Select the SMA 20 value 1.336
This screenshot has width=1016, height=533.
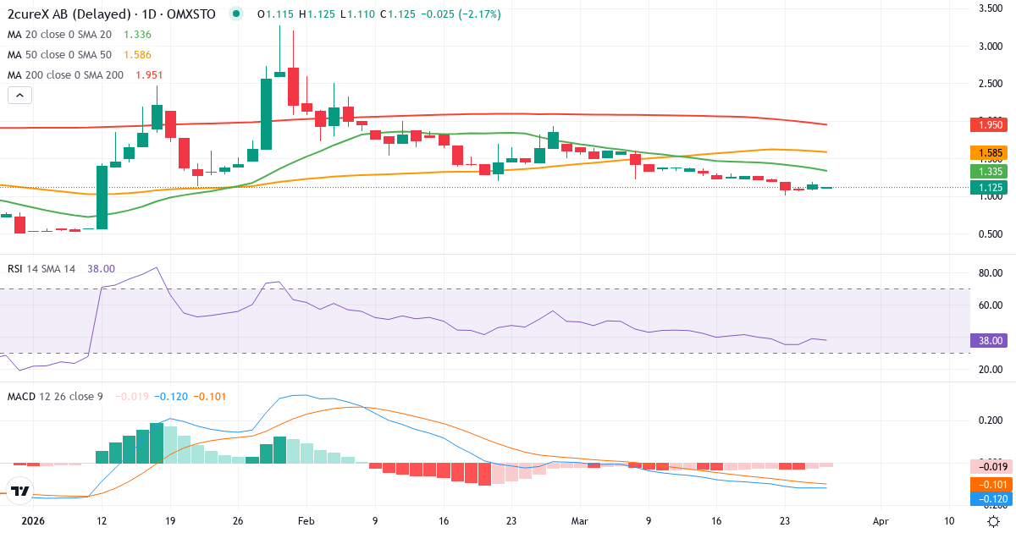click(137, 35)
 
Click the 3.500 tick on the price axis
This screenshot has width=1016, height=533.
click(991, 8)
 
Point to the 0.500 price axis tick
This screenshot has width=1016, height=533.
click(991, 234)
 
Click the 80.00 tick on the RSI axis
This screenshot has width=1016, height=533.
click(991, 273)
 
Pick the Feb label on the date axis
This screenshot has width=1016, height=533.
click(307, 521)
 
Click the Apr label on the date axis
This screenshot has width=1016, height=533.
click(881, 521)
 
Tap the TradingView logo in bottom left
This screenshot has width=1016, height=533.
click(20, 490)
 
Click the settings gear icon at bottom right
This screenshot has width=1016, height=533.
click(994, 521)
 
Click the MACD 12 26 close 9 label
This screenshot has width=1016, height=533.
click(55, 396)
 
